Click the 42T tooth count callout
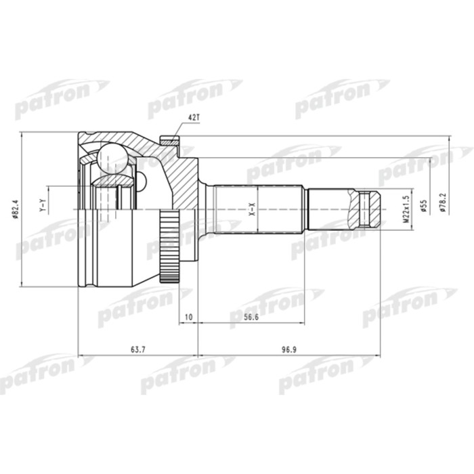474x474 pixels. coord(194,118)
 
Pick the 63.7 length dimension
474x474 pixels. coord(137,349)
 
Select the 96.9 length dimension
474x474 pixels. coord(289,349)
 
